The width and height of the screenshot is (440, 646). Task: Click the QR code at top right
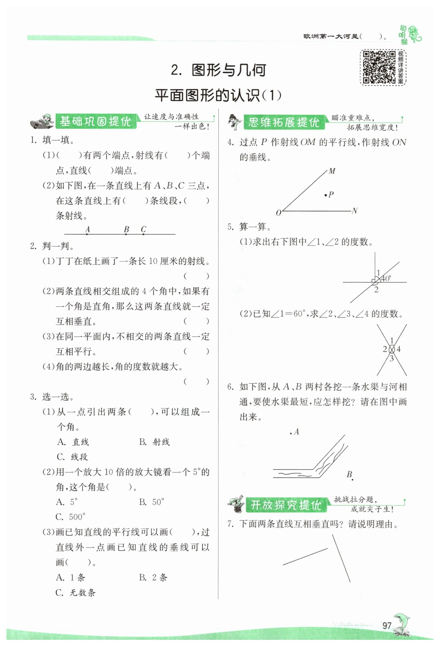point(379,67)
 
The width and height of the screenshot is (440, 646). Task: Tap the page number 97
point(387,625)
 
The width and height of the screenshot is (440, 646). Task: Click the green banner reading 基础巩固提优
point(95,122)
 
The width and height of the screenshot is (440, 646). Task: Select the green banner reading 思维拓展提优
point(284,122)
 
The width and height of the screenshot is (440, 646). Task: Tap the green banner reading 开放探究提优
point(286,505)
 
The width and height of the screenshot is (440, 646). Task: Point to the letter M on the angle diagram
point(332,171)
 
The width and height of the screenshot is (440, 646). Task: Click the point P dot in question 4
point(326,195)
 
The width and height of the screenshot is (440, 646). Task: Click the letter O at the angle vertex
point(278,213)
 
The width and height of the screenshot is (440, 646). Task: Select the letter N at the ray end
point(355,211)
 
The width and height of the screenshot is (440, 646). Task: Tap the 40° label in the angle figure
point(386,278)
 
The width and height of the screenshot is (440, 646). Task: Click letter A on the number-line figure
point(87,229)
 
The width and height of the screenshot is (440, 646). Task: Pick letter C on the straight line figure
point(143,229)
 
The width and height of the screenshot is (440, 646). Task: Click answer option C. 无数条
point(76,593)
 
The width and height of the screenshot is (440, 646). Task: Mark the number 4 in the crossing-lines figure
point(399,349)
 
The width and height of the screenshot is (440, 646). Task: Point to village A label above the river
point(296,432)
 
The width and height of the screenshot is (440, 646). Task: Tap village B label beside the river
point(349,474)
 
